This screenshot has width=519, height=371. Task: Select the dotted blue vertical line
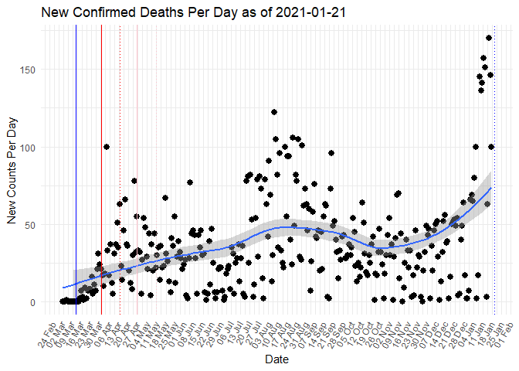[x=494, y=193]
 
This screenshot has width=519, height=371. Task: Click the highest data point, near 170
[x=489, y=38]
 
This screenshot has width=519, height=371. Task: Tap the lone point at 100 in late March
[x=107, y=147]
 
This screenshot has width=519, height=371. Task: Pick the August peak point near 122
[x=274, y=112]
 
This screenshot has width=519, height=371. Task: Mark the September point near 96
[x=331, y=153]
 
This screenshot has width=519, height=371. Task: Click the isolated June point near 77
[x=190, y=182]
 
